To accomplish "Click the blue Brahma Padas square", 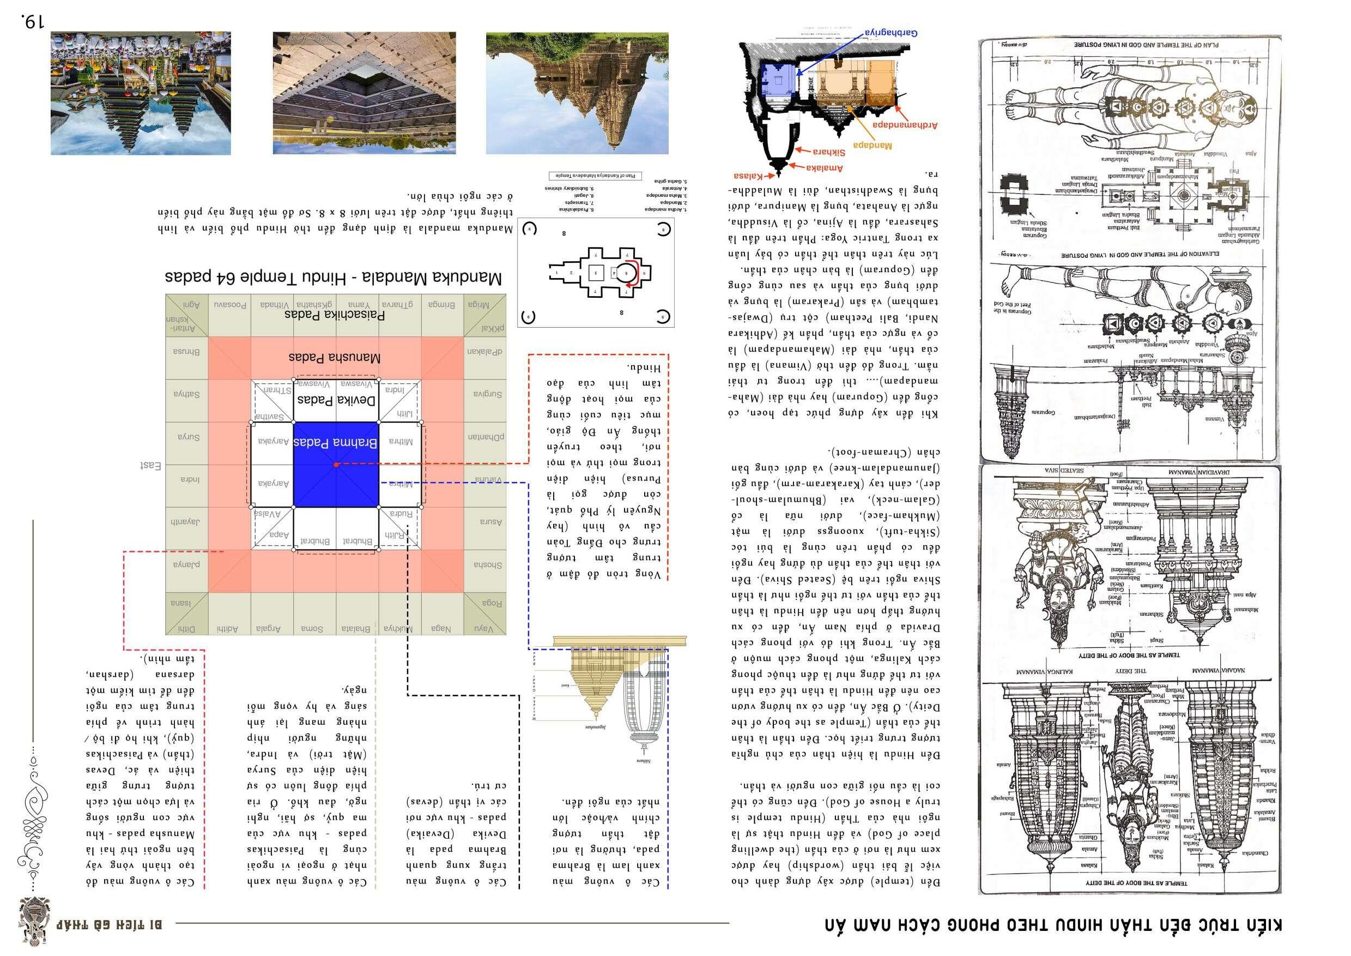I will tap(335, 465).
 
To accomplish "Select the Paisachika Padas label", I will tap(335, 315).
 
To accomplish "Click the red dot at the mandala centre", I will tap(335, 465).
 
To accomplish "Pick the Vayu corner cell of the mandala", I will tap(485, 629).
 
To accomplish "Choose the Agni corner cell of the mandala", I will tap(186, 305).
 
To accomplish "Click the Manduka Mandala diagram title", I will tap(333, 278).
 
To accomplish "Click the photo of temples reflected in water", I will tap(141, 93).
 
